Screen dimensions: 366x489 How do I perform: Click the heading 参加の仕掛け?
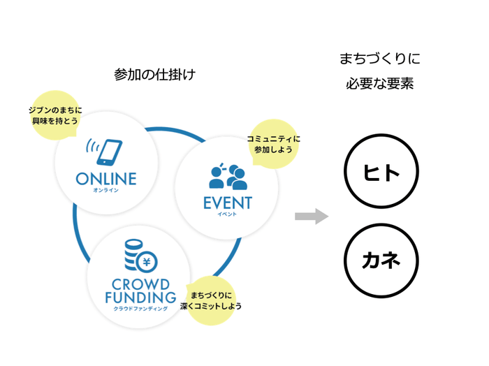point(154,75)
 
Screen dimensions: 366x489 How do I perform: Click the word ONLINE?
point(106,178)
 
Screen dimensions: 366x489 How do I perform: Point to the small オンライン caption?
point(106,190)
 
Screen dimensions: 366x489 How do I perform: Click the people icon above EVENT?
point(228,177)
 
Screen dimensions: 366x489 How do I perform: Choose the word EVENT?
point(227,203)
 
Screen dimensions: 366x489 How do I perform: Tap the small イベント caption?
point(227,214)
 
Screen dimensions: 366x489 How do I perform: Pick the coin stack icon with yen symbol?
point(138,256)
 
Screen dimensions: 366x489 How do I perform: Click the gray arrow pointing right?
point(312,216)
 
